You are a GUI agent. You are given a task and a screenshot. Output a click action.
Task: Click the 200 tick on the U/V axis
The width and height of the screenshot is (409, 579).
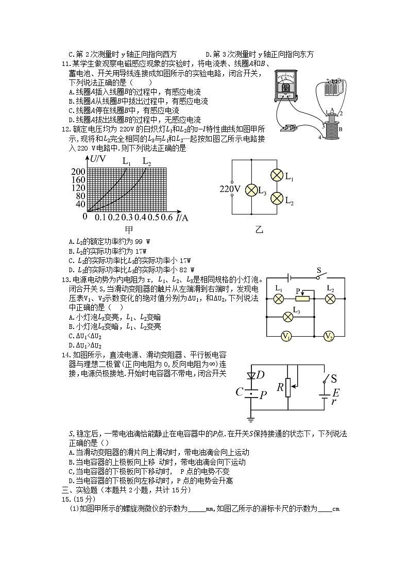coord(78,171)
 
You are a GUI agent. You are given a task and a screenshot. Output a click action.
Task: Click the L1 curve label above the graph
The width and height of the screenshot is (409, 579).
coord(127,161)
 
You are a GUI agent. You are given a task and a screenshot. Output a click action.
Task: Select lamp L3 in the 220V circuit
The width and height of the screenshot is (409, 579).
coord(251,190)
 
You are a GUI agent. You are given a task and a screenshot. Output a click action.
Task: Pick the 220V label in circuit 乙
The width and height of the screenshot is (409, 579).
coord(230,189)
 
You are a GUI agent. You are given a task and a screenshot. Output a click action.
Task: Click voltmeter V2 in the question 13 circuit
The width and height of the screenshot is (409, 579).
coord(329,336)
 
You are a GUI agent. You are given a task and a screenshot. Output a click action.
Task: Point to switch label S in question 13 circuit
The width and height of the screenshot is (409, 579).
coord(318,270)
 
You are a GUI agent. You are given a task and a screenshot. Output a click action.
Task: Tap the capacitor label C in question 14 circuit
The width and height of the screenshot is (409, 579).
coord(239,392)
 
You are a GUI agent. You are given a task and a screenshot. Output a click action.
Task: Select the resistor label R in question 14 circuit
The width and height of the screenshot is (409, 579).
coord(280,387)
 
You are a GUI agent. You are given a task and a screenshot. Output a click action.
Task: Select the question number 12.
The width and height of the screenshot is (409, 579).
coord(65,129)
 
